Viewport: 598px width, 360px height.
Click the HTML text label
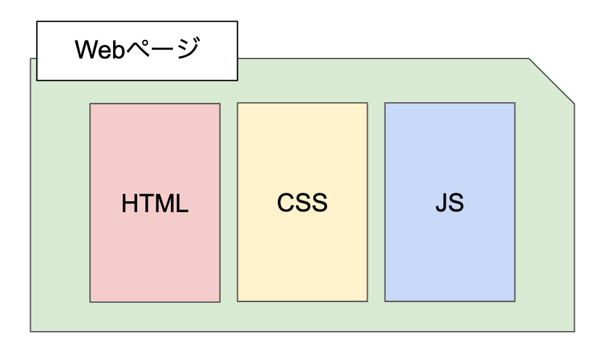tap(154, 204)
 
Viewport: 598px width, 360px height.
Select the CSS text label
tap(302, 203)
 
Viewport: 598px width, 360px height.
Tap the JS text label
tap(449, 203)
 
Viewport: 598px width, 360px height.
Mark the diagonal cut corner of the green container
tap(552, 80)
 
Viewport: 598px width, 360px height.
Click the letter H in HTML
tap(129, 204)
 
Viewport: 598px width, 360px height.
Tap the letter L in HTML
tap(182, 204)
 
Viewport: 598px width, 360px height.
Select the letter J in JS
tap(442, 203)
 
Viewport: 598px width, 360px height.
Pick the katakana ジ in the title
tap(187, 50)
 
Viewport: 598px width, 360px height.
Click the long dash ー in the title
tap(162, 51)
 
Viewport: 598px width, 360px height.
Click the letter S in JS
tap(456, 203)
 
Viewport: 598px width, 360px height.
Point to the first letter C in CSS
tap(286, 203)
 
